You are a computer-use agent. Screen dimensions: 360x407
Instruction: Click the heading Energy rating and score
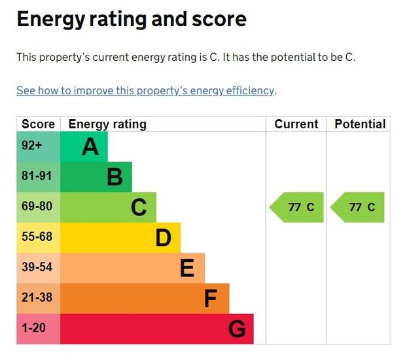pyautogui.click(x=132, y=19)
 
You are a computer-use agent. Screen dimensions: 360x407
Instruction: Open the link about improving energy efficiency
pyautogui.click(x=145, y=91)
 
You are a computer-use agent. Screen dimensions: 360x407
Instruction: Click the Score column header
pyautogui.click(x=38, y=124)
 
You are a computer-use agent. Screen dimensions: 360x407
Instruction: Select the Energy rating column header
pyautogui.click(x=107, y=124)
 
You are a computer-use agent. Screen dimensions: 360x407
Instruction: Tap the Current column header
pyautogui.click(x=296, y=124)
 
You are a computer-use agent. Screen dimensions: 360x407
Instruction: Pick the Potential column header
pyautogui.click(x=360, y=124)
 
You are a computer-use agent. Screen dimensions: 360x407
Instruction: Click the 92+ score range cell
pyautogui.click(x=33, y=147)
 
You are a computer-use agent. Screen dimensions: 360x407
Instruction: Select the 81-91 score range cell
pyautogui.click(x=37, y=177)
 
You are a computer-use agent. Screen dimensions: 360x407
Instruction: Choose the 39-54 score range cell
pyautogui.click(x=37, y=268)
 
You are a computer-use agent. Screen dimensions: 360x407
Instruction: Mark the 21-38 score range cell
pyautogui.click(x=37, y=298)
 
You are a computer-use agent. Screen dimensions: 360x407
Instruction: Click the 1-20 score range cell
pyautogui.click(x=34, y=329)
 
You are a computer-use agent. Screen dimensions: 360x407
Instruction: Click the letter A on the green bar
pyautogui.click(x=90, y=147)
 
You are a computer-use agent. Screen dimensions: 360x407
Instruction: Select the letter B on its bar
pyautogui.click(x=115, y=177)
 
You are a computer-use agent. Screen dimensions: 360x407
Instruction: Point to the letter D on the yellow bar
pyautogui.click(x=163, y=238)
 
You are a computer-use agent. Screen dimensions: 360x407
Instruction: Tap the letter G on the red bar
pyautogui.click(x=237, y=329)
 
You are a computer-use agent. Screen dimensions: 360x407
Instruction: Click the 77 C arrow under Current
pyautogui.click(x=297, y=207)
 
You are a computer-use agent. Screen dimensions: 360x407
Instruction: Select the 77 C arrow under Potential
pyautogui.click(x=358, y=207)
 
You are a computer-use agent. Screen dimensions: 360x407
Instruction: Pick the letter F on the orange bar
pyautogui.click(x=210, y=299)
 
